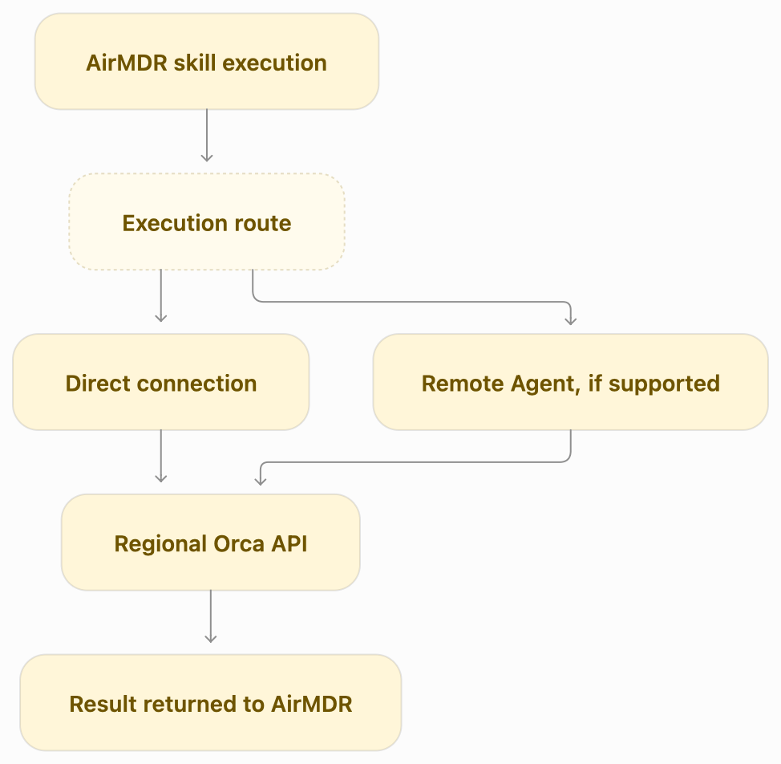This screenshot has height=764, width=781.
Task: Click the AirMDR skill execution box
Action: pos(207,61)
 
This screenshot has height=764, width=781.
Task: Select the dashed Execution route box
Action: pos(207,221)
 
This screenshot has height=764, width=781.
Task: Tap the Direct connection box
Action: pos(161,382)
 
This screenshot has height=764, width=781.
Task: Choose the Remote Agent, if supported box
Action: pos(571,382)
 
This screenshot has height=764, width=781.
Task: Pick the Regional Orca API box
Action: pos(211,543)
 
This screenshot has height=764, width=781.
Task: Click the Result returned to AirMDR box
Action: pos(211,703)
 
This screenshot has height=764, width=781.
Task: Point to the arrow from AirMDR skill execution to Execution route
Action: pos(207,136)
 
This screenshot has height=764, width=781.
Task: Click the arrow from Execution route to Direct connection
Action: pos(161,296)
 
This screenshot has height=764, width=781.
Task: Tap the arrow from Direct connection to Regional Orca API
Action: pos(161,457)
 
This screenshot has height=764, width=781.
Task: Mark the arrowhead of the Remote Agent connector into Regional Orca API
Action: pos(261,481)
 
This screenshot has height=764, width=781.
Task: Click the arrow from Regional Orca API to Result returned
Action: pos(211,617)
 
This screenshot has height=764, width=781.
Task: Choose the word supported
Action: pos(665,384)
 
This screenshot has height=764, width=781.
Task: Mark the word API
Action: pos(289,544)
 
